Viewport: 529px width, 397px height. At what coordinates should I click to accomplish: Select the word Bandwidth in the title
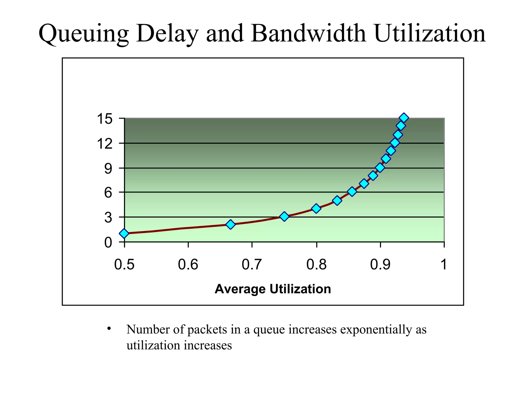(x=308, y=33)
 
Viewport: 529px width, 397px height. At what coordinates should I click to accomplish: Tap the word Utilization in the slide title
(x=430, y=33)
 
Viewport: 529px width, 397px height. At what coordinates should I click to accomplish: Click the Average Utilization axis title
(x=273, y=289)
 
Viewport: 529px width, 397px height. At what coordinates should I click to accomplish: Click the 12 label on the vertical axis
(x=105, y=143)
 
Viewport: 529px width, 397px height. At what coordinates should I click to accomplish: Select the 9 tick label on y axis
(x=108, y=169)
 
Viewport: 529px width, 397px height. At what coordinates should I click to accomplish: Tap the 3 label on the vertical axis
(x=108, y=217)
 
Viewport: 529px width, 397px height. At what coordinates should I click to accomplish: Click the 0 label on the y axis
(x=108, y=242)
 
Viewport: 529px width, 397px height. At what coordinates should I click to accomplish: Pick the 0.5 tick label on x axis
(x=124, y=264)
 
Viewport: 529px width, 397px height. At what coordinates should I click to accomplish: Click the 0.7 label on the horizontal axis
(x=252, y=264)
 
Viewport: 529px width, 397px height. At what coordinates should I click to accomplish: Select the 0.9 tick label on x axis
(x=380, y=264)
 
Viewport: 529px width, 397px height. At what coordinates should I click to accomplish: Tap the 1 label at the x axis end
(x=444, y=264)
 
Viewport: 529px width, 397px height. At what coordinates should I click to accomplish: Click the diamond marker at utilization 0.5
(x=124, y=233)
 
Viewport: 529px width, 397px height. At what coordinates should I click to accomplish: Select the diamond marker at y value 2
(x=230, y=224)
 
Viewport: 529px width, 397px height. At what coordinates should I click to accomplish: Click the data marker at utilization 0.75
(x=284, y=216)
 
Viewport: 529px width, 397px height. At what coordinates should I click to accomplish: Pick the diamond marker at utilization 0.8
(x=316, y=208)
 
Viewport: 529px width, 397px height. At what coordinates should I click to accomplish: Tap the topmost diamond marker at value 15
(x=404, y=118)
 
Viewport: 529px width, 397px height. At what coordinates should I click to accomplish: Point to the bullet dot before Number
(x=109, y=329)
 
